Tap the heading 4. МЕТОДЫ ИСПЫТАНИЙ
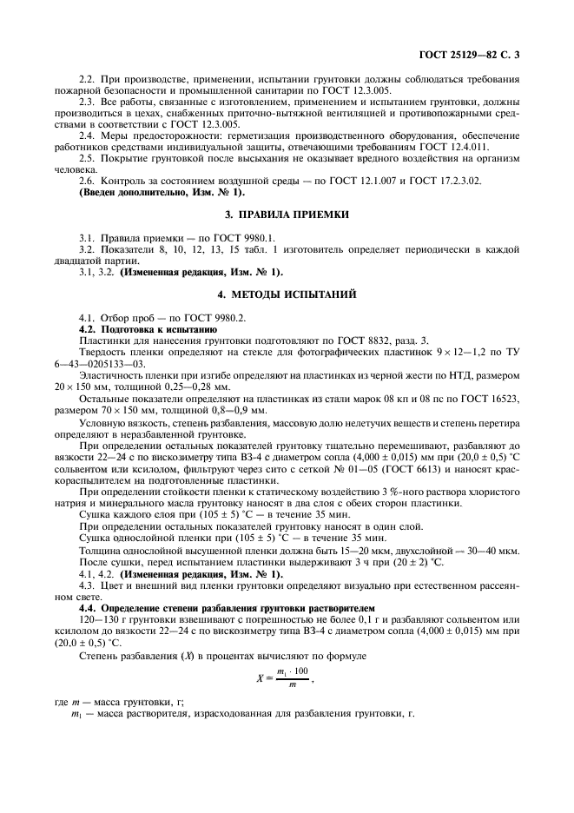287,295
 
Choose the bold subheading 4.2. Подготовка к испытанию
142,330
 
